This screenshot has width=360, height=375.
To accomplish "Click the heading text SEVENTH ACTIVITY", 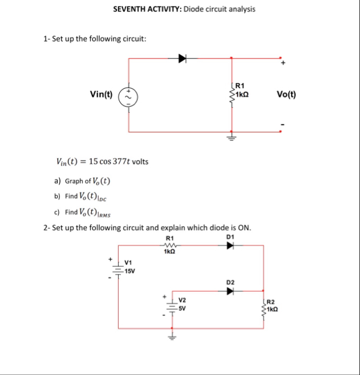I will tap(146, 9).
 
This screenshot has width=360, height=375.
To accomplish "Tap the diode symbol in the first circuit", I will tap(183, 58).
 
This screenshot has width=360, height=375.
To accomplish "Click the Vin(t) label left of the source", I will tap(101, 94).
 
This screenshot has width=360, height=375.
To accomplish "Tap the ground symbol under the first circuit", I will tap(232, 137).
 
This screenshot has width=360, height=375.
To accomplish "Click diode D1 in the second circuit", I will tap(230, 246).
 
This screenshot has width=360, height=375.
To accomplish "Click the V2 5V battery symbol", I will tap(170, 304).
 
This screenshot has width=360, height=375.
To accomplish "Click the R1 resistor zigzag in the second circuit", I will tap(169, 246).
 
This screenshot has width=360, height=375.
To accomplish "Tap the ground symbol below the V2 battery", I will tap(170, 336).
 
